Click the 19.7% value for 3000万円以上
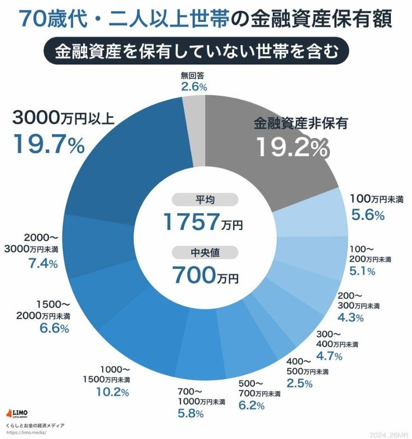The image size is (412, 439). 48,144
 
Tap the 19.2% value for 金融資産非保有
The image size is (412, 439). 292,147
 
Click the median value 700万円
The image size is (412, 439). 205,275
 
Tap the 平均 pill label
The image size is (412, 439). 205,200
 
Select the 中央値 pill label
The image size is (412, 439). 205,252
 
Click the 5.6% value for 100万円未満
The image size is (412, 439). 367,215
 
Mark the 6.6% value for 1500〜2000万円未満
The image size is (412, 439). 54,329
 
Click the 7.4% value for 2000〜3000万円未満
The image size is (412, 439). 42,263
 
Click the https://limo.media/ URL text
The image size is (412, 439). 26,432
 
